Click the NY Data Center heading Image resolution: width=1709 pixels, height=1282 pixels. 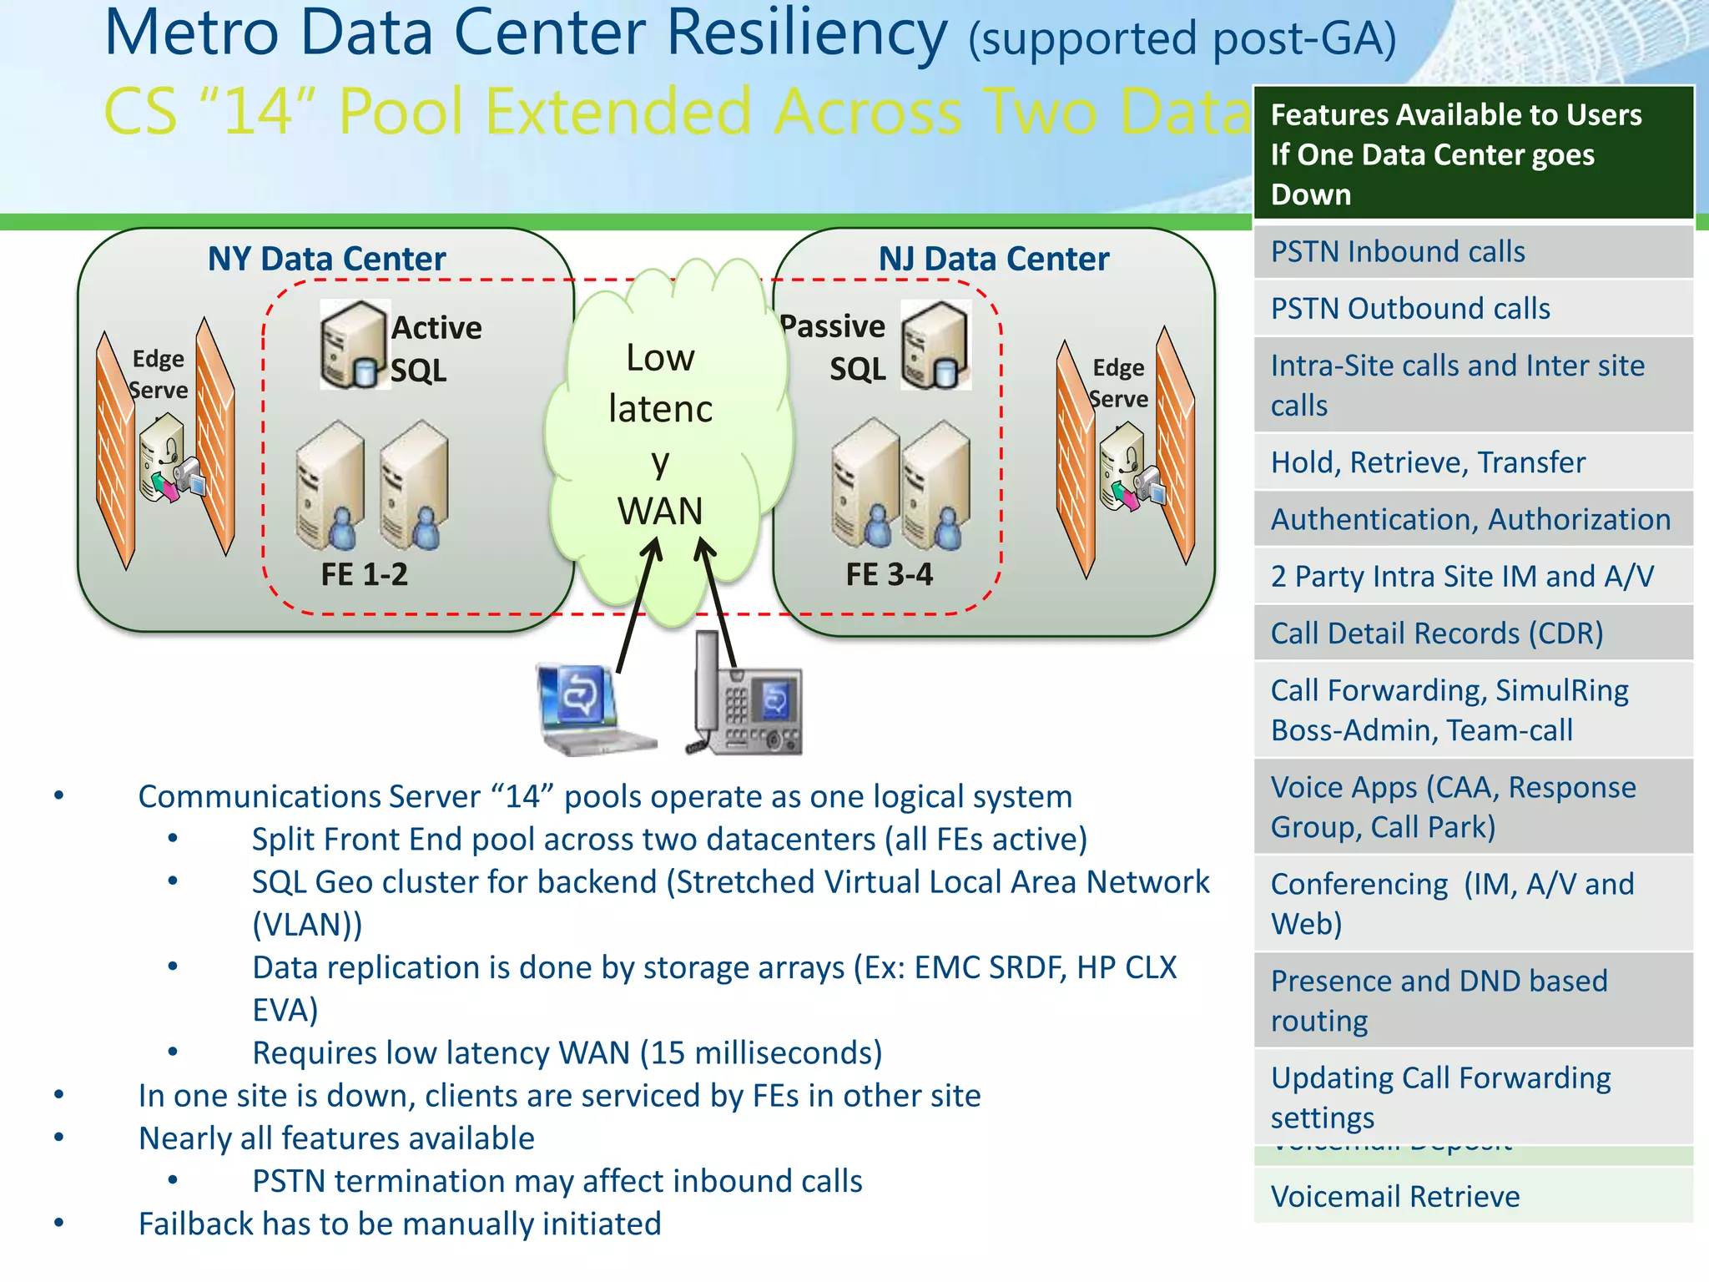pos(326,259)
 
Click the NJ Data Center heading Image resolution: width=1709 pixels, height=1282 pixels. pos(993,259)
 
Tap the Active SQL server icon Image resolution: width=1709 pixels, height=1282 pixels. pos(354,345)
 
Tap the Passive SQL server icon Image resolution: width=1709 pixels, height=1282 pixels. pos(936,345)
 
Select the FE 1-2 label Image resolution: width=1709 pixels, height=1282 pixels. pos(364,574)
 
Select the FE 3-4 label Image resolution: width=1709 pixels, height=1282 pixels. pos(889,574)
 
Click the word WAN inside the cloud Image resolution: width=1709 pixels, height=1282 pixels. pos(659,511)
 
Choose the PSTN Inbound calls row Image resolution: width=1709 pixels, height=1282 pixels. pos(1473,251)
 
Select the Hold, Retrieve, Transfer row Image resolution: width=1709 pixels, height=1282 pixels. pos(1473,462)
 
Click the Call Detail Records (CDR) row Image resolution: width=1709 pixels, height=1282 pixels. pos(1473,633)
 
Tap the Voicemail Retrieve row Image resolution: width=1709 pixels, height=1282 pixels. pos(1473,1196)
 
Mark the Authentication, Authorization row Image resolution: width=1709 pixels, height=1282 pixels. pos(1473,519)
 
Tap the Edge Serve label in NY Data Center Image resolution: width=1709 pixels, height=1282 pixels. pos(159,374)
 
